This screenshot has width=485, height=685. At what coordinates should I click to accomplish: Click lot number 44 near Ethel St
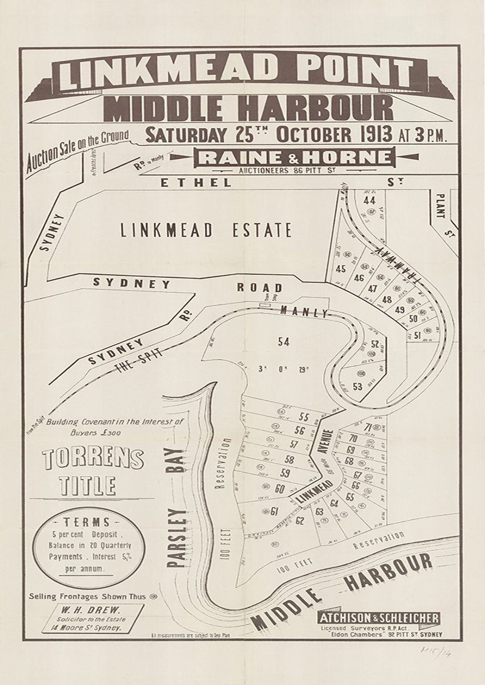369,200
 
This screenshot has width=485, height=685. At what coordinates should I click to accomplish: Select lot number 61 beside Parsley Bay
274,511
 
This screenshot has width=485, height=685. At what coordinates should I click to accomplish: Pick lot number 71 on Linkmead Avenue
367,428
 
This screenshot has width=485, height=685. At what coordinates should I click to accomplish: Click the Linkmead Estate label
206,231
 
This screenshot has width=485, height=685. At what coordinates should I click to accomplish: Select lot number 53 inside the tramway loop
358,386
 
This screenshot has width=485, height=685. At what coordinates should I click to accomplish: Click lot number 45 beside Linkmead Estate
342,269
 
